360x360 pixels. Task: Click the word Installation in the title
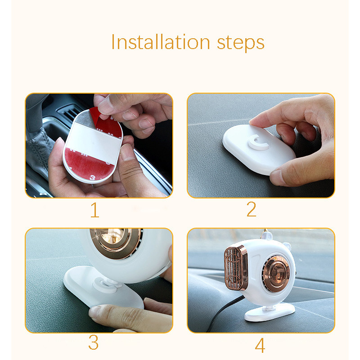[161, 42]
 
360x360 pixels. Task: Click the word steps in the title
[241, 44]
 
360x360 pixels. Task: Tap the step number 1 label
[95, 210]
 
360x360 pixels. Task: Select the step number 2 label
[251, 209]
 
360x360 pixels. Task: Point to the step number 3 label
[94, 342]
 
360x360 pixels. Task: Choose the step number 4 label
[260, 345]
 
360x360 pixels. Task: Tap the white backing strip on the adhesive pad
[94, 143]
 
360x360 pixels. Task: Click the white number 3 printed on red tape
[92, 177]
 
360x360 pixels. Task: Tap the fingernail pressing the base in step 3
[94, 312]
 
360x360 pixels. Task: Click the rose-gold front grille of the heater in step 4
[235, 268]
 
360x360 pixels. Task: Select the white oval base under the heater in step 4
[270, 312]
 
